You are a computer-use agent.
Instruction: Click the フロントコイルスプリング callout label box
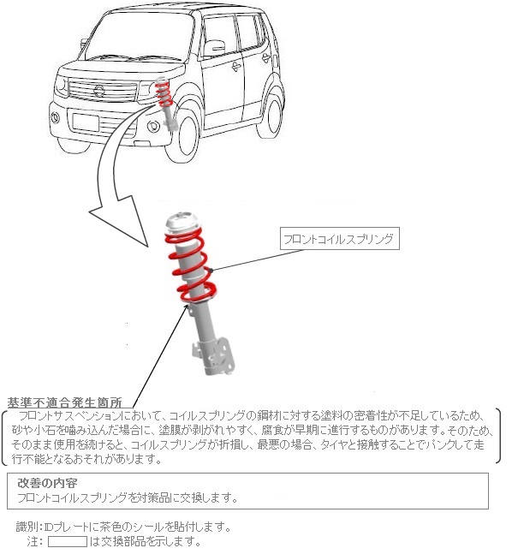(x=340, y=239)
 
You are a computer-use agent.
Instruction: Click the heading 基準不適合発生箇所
(x=65, y=402)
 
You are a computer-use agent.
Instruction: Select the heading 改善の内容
(x=47, y=483)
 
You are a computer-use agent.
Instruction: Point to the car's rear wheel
(x=271, y=112)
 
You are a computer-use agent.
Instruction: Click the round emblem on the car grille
(x=99, y=91)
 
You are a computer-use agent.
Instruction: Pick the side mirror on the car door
(x=214, y=49)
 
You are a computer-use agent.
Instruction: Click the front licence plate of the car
(x=85, y=122)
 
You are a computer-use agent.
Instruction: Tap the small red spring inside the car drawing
(x=164, y=94)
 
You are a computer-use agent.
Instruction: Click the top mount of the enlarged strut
(x=182, y=223)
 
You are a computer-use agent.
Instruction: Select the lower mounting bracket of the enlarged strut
(x=214, y=357)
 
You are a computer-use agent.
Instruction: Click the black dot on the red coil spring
(x=211, y=271)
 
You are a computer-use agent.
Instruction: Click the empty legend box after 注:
(x=67, y=542)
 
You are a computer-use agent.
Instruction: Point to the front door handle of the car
(x=236, y=66)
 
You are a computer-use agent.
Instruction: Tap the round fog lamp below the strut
(x=153, y=126)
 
